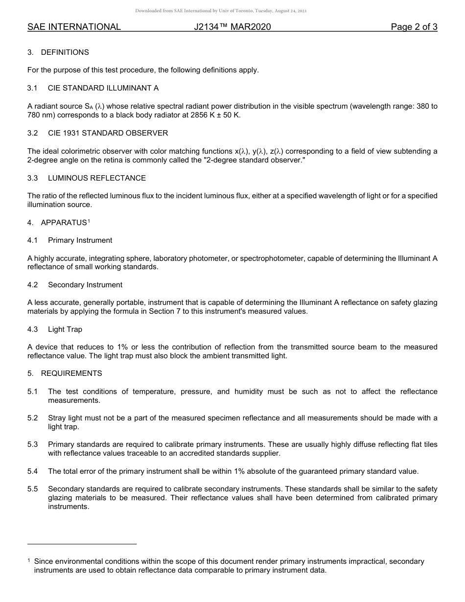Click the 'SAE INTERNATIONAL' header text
74,27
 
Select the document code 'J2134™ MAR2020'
232,27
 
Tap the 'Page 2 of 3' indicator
414,27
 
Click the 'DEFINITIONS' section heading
65,52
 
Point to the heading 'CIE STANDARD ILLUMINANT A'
103,88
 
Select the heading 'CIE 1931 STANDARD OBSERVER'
108,133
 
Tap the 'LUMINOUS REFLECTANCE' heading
96,178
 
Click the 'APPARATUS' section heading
64,223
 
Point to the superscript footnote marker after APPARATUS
89,221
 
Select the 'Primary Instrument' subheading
80,240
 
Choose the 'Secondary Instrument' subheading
85,285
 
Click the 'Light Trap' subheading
65,329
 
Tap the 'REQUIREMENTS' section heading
71,373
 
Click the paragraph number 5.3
32,444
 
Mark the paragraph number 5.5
32,489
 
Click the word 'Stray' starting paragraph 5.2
57,418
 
